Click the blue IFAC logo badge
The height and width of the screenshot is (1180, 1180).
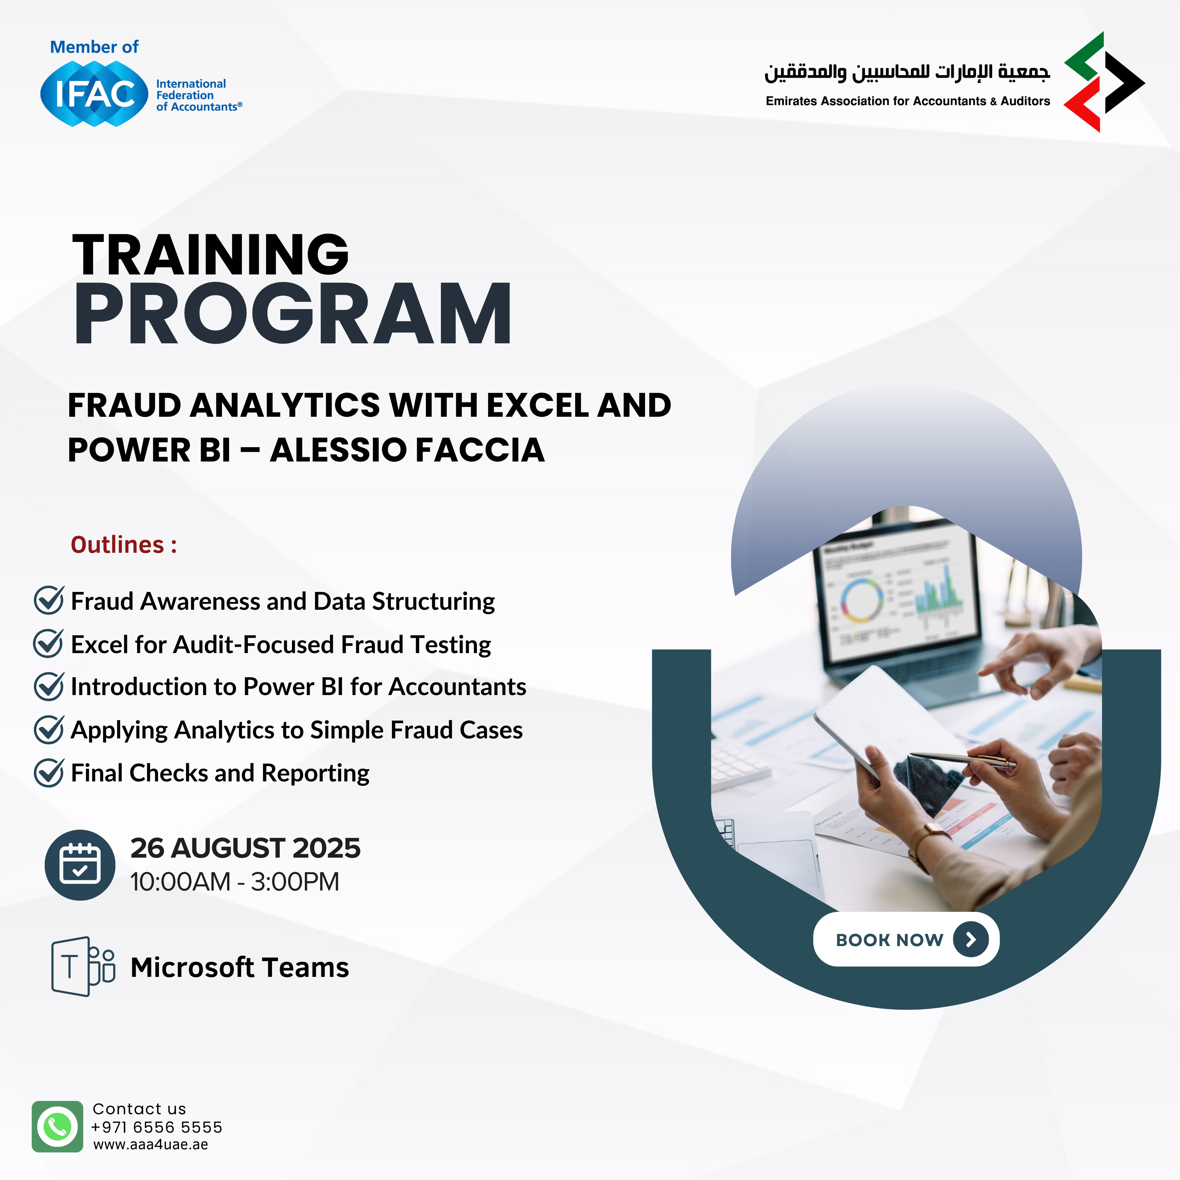click(x=94, y=94)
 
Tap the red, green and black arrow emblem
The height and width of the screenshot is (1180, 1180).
click(x=1104, y=82)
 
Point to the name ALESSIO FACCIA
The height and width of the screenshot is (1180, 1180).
click(x=407, y=450)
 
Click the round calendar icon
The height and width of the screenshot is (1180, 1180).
click(x=80, y=865)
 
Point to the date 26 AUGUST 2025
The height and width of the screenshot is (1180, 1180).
click(x=245, y=848)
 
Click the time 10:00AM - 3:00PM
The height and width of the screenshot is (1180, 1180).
click(x=235, y=881)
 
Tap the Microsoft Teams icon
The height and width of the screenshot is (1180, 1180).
click(x=83, y=967)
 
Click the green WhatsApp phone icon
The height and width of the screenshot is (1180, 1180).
click(x=57, y=1126)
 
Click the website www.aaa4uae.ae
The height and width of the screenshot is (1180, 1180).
click(x=151, y=1145)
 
